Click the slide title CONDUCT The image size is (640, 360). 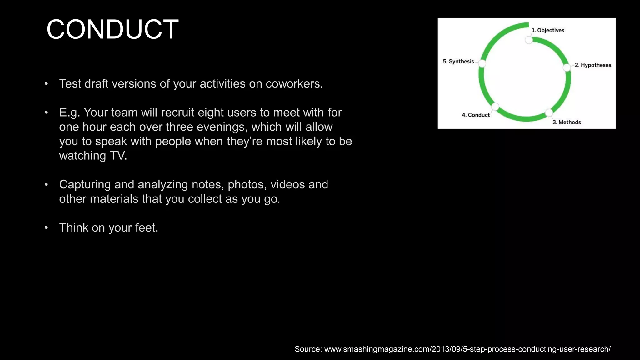point(112,30)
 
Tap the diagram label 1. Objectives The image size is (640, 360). point(548,30)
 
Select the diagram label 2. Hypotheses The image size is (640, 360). point(593,65)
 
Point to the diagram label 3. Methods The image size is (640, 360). point(567,122)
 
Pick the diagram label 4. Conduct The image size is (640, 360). point(476,115)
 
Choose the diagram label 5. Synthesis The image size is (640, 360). point(458,61)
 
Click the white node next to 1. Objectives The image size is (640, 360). point(529,40)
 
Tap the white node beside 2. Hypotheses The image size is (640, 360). point(567,67)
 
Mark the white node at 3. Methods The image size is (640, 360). point(549,112)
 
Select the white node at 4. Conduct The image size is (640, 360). point(495,107)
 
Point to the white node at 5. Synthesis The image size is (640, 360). point(482,63)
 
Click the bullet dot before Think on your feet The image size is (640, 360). point(46,227)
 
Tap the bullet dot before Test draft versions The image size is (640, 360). point(46,84)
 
